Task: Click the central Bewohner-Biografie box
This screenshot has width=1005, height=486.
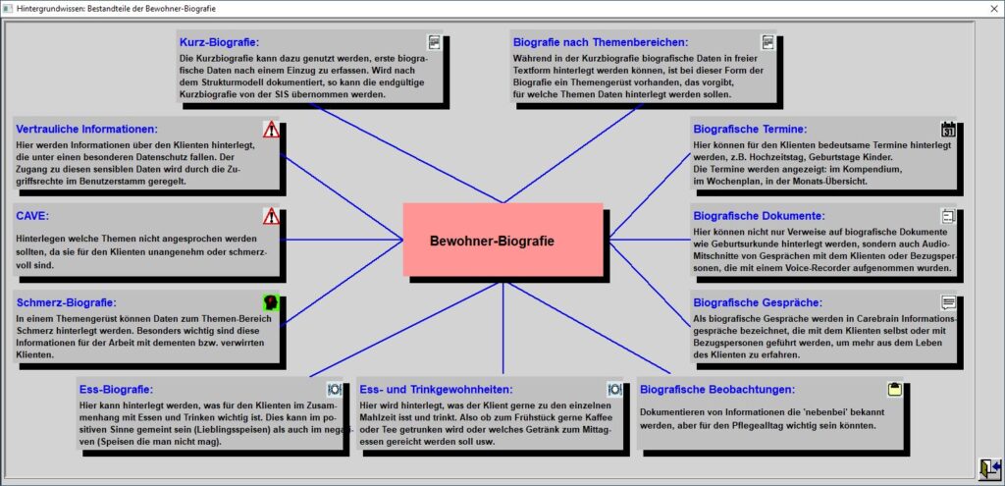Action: (502, 240)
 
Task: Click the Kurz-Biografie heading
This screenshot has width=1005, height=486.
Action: (219, 43)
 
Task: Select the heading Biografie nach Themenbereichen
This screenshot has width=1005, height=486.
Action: (601, 43)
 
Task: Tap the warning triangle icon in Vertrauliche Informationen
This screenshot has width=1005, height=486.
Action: (271, 129)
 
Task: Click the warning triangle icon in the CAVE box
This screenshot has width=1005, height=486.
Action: (271, 216)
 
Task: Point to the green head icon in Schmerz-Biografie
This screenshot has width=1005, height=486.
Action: (271, 302)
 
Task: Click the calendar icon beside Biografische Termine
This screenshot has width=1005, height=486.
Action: (948, 129)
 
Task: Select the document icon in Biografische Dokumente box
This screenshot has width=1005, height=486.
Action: (948, 216)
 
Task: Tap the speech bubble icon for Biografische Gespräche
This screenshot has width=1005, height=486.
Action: (949, 302)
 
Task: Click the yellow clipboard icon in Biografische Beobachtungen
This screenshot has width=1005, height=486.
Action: (895, 389)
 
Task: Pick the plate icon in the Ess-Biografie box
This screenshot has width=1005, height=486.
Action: (335, 389)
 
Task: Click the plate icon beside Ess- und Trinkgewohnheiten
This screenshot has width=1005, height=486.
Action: (614, 389)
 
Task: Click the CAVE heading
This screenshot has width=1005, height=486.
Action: (32, 216)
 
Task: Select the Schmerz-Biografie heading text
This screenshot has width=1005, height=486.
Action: (67, 302)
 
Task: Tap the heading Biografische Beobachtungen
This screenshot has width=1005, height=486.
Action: (717, 390)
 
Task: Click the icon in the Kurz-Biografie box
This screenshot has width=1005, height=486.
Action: (435, 42)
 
